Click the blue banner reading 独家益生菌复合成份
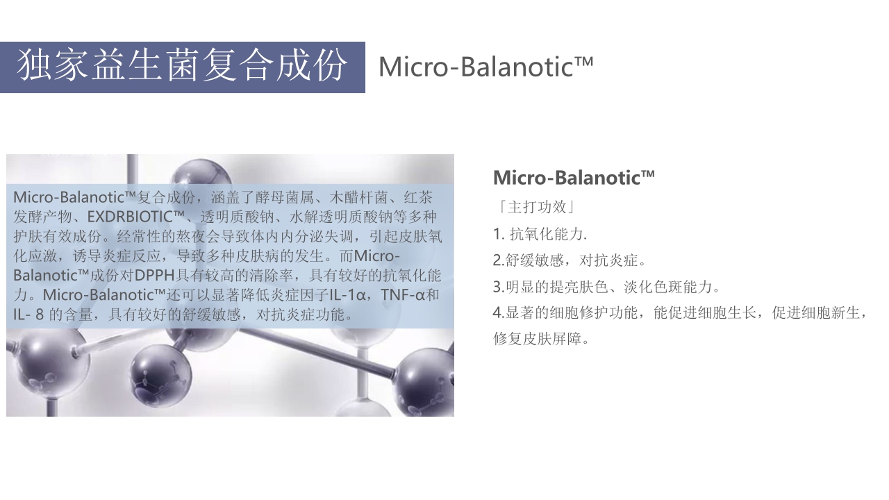pos(182,67)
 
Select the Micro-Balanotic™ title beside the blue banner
pos(485,67)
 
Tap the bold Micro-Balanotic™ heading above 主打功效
pos(574,178)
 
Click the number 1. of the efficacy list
pos(498,234)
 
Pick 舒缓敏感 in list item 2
pos(531,260)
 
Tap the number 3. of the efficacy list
pos(499,287)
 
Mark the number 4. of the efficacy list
pos(499,313)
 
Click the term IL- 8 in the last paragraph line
pos(28,314)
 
